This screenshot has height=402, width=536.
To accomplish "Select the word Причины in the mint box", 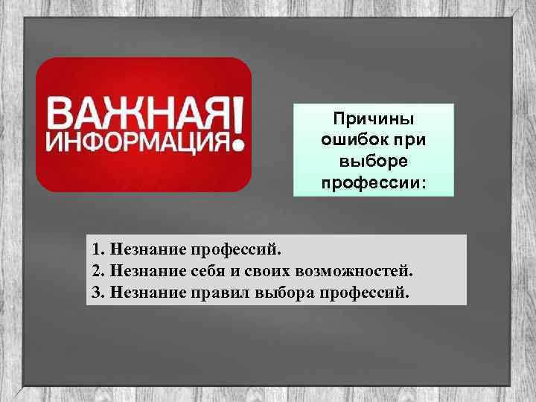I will coord(373,119).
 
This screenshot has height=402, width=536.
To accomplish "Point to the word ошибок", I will coord(354,140).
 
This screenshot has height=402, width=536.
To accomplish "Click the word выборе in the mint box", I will coord(373,160).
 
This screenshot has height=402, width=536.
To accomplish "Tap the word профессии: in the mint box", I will coord(374,181).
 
